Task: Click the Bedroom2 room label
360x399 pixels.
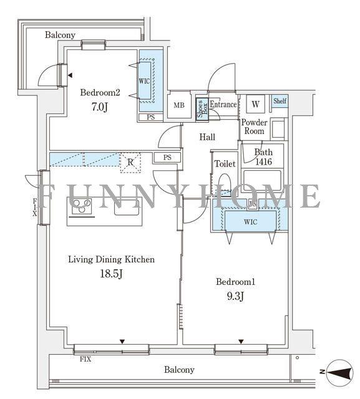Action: pyautogui.click(x=100, y=92)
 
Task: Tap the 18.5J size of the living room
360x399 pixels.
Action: pyautogui.click(x=112, y=274)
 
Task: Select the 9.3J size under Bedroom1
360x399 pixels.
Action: pyautogui.click(x=235, y=296)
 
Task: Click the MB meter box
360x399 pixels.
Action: pyautogui.click(x=179, y=105)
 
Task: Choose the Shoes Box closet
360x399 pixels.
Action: pyautogui.click(x=202, y=108)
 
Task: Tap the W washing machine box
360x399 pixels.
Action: pyautogui.click(x=255, y=104)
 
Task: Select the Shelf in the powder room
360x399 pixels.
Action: pyautogui.click(x=280, y=101)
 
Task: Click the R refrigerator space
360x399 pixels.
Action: pyautogui.click(x=130, y=163)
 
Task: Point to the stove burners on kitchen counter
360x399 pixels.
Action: pyautogui.click(x=82, y=205)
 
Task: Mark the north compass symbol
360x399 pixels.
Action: pyautogui.click(x=339, y=373)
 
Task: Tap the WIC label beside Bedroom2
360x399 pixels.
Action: pyautogui.click(x=144, y=82)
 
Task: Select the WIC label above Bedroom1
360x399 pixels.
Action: pyautogui.click(x=251, y=222)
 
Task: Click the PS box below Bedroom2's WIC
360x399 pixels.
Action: pyautogui.click(x=151, y=117)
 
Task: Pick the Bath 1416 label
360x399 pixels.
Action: pyautogui.click(x=263, y=156)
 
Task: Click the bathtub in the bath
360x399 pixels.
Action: pyautogui.click(x=263, y=180)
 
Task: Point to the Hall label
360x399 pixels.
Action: pyautogui.click(x=207, y=137)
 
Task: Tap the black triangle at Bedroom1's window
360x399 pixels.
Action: pyautogui.click(x=241, y=342)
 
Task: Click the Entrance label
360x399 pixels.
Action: pyautogui.click(x=223, y=105)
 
